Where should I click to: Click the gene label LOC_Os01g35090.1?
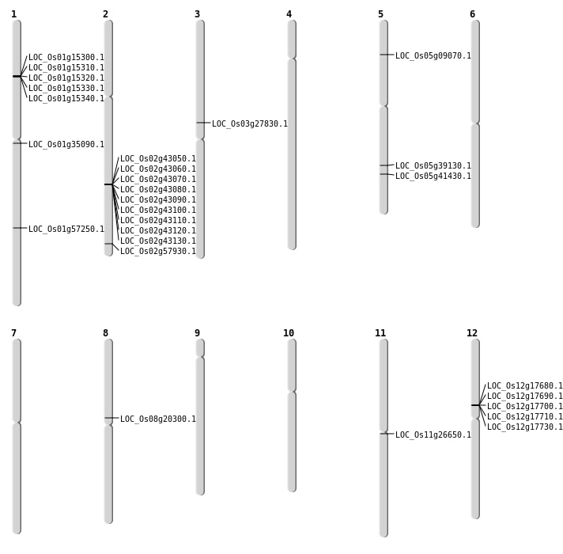coord(66,144)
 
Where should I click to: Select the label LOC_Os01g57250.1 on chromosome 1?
coord(66,229)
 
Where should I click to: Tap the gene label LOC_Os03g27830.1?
coord(250,123)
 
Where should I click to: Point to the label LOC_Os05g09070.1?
coord(433,55)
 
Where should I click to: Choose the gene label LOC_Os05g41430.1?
coord(433,176)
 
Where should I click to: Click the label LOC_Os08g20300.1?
coord(158,419)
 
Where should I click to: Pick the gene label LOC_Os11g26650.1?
coord(433,434)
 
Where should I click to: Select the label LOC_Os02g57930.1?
coord(158,251)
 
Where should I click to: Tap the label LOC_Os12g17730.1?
coord(525,427)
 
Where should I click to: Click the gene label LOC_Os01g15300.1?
coord(66,58)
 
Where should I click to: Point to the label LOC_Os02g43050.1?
coord(158,158)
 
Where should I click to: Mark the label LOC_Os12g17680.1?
coord(525,386)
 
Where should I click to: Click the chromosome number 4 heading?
coord(289,14)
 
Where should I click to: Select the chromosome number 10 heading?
coord(289,333)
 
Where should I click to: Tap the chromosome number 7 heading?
coord(13,333)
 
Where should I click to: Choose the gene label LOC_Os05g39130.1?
coord(433,165)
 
